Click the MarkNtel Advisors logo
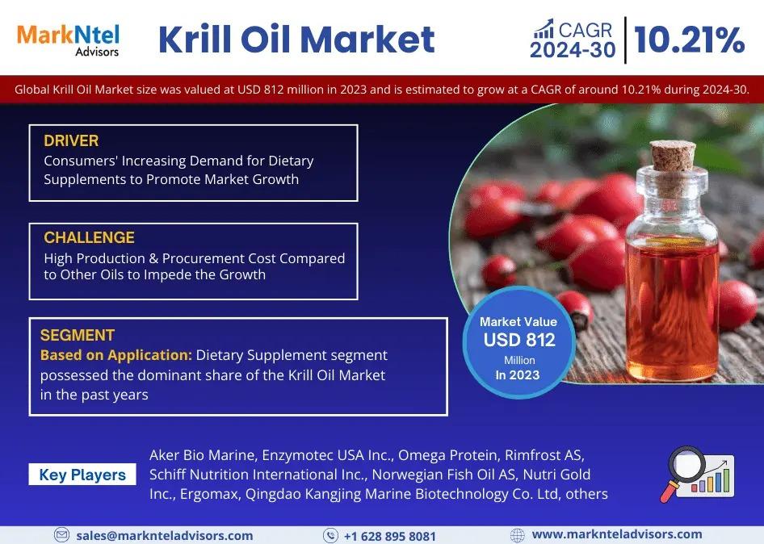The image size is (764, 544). click(68, 40)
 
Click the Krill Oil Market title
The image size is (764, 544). click(296, 40)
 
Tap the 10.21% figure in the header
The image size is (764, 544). click(690, 40)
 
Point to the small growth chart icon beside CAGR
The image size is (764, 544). click(544, 29)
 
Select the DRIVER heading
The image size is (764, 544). click(71, 140)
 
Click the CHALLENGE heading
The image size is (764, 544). click(89, 237)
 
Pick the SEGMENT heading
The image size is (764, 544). click(78, 335)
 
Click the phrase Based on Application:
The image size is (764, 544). click(116, 355)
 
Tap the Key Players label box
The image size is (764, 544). click(82, 475)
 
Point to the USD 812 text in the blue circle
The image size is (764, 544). click(519, 340)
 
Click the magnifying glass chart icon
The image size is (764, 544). click(697, 475)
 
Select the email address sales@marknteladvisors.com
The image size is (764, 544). click(165, 536)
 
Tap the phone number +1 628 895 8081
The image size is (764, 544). click(390, 536)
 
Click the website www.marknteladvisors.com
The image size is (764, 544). click(617, 534)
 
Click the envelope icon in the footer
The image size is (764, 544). click(61, 535)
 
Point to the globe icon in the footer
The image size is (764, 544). click(518, 535)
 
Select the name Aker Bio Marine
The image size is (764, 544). click(202, 455)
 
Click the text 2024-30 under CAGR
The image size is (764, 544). click(573, 50)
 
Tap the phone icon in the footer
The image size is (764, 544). click(331, 536)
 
